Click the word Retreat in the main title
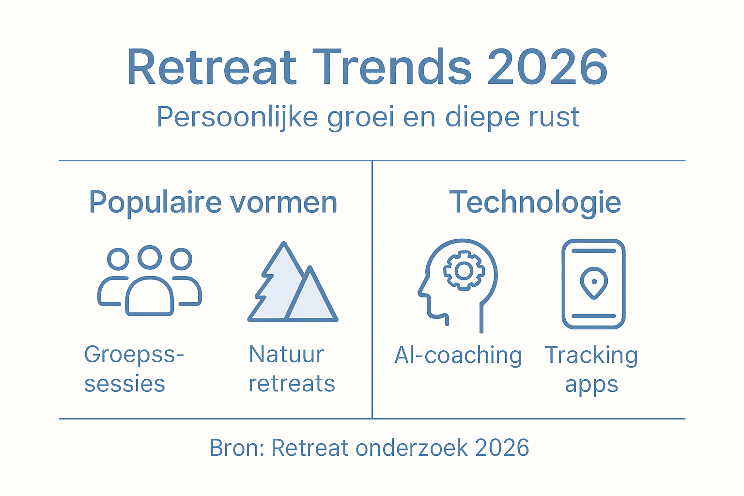pyautogui.click(x=212, y=67)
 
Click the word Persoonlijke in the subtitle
pyautogui.click(x=237, y=117)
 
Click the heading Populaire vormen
pyautogui.click(x=213, y=202)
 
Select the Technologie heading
pyautogui.click(x=535, y=202)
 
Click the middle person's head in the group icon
pyautogui.click(x=150, y=257)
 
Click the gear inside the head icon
pyautogui.click(x=464, y=271)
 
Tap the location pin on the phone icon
pyautogui.click(x=594, y=282)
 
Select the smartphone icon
pyautogui.click(x=593, y=284)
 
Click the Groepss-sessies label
pyautogui.click(x=133, y=369)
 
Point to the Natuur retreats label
pyautogui.click(x=292, y=369)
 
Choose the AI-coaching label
pyautogui.click(x=458, y=355)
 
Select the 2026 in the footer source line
pyautogui.click(x=502, y=448)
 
